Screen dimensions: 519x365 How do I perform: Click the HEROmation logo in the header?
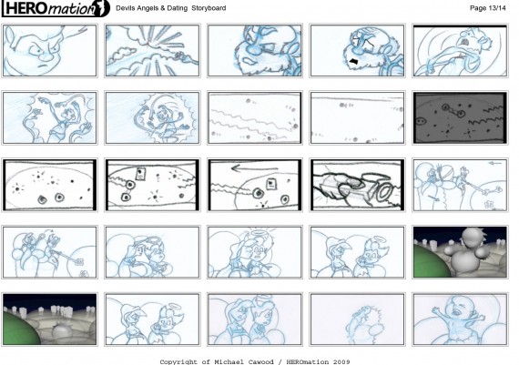(x=56, y=8)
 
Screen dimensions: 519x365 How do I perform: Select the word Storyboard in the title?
(x=209, y=8)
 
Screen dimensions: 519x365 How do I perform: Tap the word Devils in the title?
(x=125, y=8)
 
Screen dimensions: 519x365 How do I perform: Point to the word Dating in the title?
(x=177, y=8)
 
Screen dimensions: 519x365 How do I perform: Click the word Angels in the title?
(x=148, y=8)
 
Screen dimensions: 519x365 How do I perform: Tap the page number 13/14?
(x=495, y=8)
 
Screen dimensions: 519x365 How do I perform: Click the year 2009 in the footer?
(x=341, y=361)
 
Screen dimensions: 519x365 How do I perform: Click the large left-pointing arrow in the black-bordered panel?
(x=254, y=168)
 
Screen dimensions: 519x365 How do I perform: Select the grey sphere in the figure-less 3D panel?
(x=62, y=333)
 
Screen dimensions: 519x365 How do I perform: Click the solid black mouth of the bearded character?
(x=355, y=62)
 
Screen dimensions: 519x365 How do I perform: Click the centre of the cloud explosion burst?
(x=153, y=45)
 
